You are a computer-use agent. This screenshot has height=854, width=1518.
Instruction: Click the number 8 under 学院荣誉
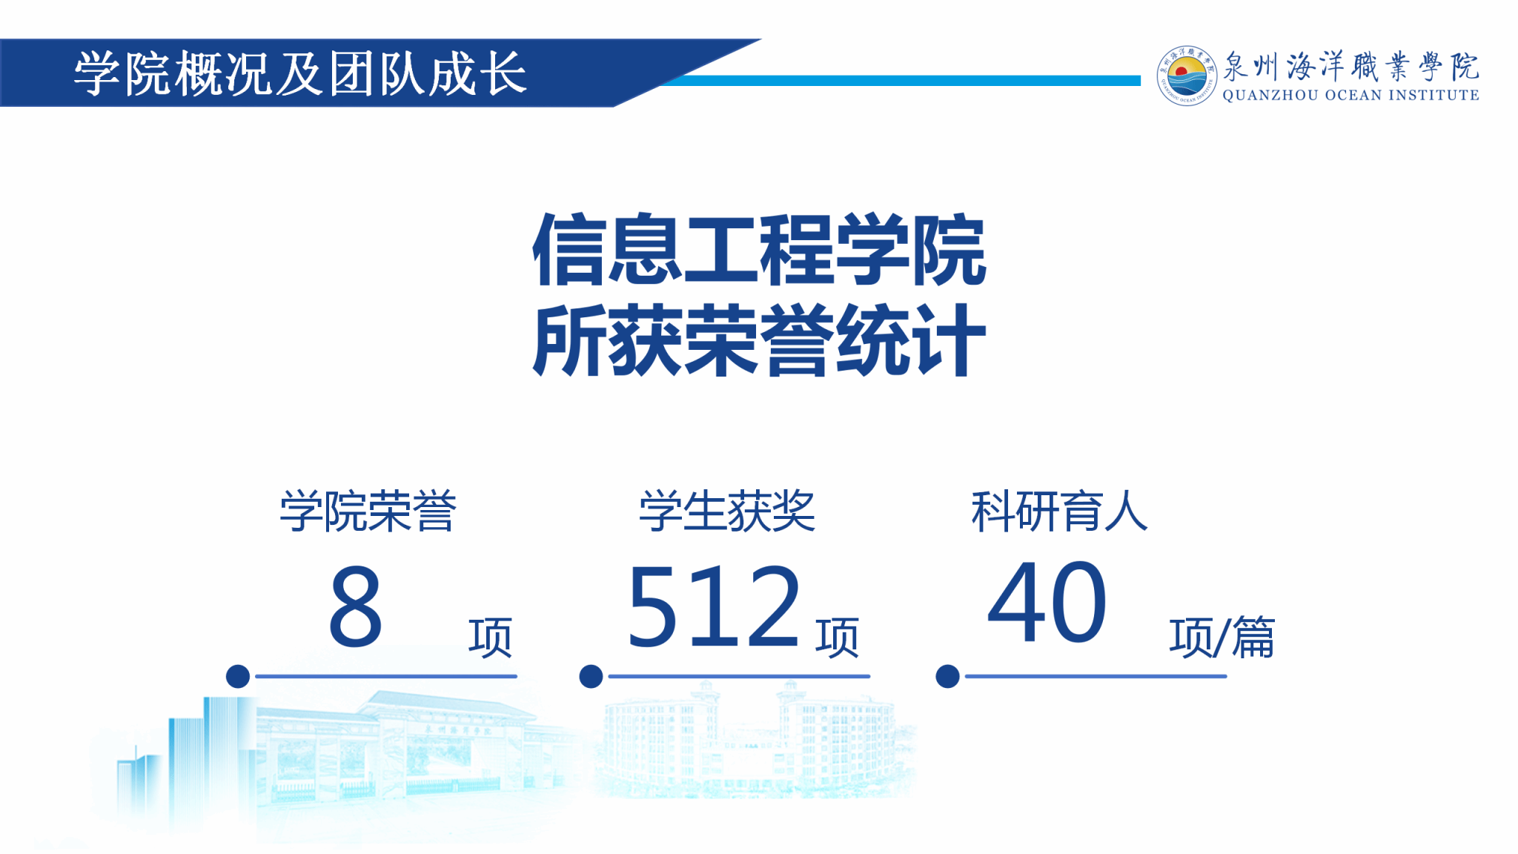pos(356,606)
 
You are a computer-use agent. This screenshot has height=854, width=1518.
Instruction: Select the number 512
pos(714,606)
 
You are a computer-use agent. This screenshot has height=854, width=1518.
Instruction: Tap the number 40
pos(1047,602)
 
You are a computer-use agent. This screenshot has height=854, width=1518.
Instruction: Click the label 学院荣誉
pos(368,511)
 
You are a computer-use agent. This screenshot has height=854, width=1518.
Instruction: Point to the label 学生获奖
pos(727,511)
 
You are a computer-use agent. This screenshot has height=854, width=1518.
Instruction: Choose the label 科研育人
pos(1059,511)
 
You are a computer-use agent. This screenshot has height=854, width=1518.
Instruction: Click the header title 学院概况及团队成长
pos(300,73)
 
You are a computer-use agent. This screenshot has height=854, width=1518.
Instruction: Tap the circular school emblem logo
pos(1187,75)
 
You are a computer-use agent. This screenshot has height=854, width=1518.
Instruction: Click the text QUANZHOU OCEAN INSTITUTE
pos(1350,96)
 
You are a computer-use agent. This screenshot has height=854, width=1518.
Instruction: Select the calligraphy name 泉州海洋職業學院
pos(1350,67)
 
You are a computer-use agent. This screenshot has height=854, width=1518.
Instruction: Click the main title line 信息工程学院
pos(759,250)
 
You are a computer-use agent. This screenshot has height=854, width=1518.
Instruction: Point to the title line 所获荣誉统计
pos(759,340)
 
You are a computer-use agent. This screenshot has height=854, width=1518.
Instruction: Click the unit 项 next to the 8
pos(490,638)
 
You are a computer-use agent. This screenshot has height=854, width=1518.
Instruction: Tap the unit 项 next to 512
pos(837,638)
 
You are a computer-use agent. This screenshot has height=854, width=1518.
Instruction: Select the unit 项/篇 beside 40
pos(1222,638)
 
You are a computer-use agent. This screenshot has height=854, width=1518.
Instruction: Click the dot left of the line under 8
pos(238,676)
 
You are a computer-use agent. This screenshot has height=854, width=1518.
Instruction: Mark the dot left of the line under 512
pos(591,676)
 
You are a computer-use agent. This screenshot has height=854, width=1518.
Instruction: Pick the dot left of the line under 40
pos(947,676)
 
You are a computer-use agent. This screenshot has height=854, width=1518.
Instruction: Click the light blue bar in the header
pos(901,80)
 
